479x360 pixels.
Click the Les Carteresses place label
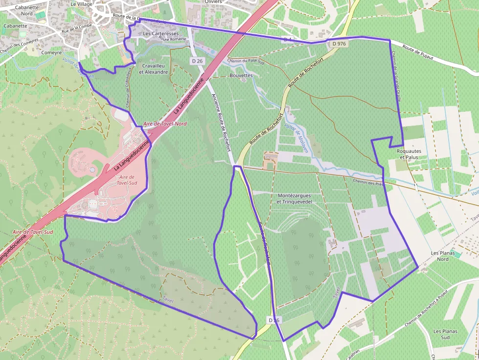(161, 33)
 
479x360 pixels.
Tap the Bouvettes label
(241, 76)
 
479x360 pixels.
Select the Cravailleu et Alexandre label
(153, 69)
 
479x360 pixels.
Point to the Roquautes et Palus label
(409, 154)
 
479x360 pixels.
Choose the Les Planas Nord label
(443, 256)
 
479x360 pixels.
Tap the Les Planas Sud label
(445, 334)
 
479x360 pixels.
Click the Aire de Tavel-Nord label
(165, 124)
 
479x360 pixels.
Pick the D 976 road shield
(339, 44)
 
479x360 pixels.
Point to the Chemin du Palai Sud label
(246, 61)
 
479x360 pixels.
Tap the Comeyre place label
(51, 52)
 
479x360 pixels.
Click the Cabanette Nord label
(27, 10)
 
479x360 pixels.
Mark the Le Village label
(81, 3)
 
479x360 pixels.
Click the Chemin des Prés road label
(367, 183)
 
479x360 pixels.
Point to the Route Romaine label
(170, 39)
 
